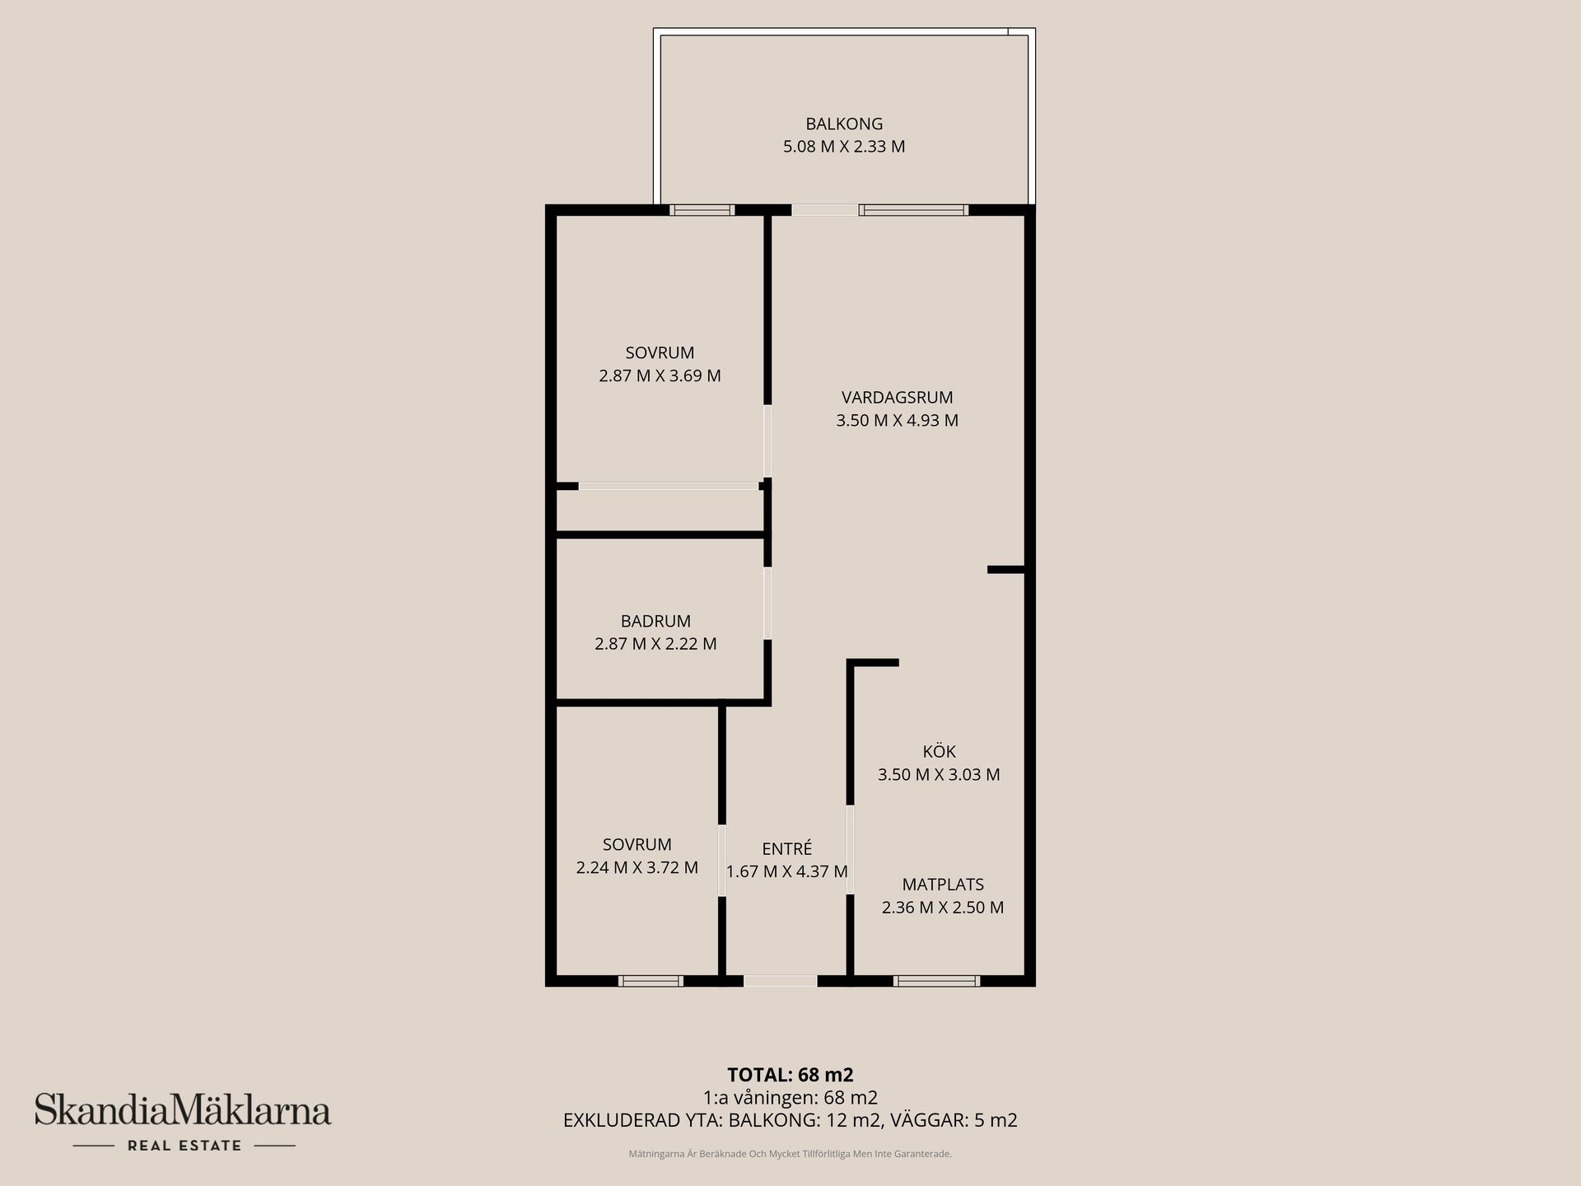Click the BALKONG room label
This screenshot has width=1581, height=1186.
tap(844, 124)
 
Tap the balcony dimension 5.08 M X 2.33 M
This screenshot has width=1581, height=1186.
tap(844, 147)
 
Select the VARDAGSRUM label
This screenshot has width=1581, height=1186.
tap(897, 397)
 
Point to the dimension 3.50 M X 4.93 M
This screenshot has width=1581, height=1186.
tap(897, 420)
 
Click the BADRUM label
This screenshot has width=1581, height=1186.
tap(655, 621)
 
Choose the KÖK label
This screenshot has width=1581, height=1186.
tap(939, 751)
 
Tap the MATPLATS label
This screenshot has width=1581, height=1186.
tap(943, 885)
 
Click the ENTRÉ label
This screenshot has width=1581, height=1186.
tap(786, 848)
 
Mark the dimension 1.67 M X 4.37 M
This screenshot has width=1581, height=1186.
tap(786, 871)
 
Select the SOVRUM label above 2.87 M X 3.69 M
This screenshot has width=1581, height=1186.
tap(660, 353)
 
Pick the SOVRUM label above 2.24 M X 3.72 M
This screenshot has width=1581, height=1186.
tap(637, 844)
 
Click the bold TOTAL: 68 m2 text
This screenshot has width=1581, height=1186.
tap(790, 1074)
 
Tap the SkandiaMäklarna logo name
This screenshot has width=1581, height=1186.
tap(183, 1111)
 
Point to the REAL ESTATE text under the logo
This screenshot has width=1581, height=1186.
tap(184, 1146)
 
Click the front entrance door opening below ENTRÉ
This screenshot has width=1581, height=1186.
tap(780, 980)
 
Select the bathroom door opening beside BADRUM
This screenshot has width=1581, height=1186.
tap(767, 603)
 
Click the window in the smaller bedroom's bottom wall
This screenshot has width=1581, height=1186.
tap(651, 980)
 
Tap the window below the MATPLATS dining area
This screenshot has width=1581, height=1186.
tap(936, 980)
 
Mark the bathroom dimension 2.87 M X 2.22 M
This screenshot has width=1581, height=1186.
tap(655, 644)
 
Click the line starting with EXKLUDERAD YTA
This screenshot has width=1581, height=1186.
tap(790, 1120)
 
